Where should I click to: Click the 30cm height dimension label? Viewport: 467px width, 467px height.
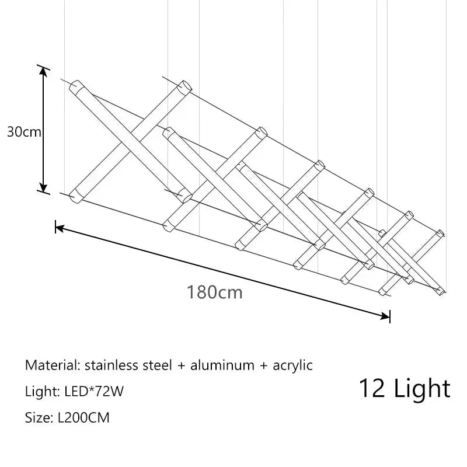24,132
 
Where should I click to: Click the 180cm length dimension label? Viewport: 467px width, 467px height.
214,292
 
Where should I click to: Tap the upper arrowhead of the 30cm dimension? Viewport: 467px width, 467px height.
43,71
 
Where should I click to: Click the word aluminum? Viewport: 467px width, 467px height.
222,365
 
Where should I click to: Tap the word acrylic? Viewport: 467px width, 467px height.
292,366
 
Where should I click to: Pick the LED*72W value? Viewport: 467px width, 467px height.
94,391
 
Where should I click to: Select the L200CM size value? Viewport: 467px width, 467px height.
83,417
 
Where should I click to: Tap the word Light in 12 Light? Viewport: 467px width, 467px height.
422,389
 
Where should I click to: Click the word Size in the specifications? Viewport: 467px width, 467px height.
37,417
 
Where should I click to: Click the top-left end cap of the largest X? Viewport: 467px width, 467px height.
75,85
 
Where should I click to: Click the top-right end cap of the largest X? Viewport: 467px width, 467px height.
184,86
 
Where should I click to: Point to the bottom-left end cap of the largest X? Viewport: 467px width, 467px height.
75,197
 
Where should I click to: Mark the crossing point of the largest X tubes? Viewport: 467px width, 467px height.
130,141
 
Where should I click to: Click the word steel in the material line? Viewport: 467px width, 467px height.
157,365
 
